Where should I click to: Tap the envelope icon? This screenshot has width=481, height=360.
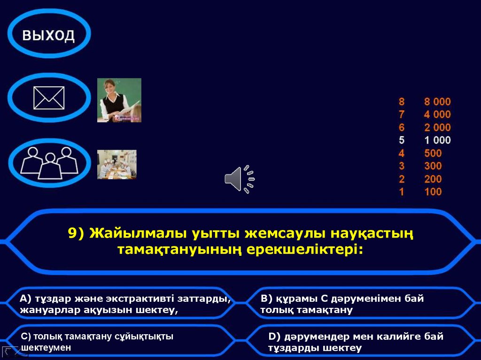(x=49, y=98)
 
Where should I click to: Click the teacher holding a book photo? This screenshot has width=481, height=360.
(x=119, y=100)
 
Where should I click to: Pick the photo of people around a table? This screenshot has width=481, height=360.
(x=116, y=164)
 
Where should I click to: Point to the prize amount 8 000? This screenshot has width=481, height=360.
(x=437, y=101)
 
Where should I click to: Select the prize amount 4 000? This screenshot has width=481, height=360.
(x=437, y=114)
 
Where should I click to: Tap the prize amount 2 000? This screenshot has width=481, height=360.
(x=437, y=127)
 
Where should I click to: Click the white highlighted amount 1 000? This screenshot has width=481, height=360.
(x=437, y=140)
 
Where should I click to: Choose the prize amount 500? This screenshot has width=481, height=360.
(x=433, y=153)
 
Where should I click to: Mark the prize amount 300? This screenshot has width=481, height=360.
(x=433, y=166)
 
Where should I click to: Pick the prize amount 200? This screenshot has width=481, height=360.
(x=433, y=179)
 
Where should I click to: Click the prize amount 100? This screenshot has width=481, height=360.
(x=433, y=191)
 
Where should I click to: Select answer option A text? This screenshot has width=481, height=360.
(x=124, y=304)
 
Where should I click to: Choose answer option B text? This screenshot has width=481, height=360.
(x=342, y=304)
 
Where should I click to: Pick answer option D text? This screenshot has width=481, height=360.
(x=356, y=342)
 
